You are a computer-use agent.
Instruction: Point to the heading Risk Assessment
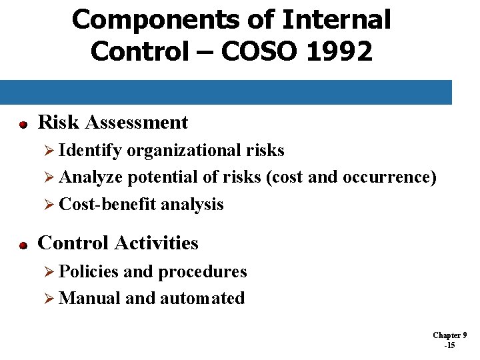113,123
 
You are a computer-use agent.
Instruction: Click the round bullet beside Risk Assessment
22,125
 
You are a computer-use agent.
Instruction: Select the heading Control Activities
118,243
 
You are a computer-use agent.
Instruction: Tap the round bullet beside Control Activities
22,245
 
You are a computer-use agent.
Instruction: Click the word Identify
91,151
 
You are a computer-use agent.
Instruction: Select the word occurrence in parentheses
389,177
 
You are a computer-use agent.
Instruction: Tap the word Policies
89,272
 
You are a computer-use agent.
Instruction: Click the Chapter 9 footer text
449,335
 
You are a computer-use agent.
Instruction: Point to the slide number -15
449,345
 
